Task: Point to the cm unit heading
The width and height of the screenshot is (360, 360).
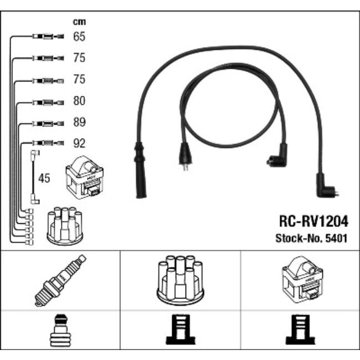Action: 79,22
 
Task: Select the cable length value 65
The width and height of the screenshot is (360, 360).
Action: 79,37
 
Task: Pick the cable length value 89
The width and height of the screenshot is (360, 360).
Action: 79,122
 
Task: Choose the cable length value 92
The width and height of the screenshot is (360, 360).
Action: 79,143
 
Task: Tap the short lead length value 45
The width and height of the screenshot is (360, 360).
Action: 45,178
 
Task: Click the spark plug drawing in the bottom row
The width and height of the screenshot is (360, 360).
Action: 60,280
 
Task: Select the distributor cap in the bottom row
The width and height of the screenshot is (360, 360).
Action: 180,280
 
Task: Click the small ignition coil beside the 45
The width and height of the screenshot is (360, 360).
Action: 83,176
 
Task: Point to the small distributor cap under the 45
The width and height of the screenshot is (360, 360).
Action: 64,226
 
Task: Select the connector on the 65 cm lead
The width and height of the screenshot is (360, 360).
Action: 45,38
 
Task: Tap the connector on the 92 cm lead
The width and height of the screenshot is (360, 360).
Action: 45,143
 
